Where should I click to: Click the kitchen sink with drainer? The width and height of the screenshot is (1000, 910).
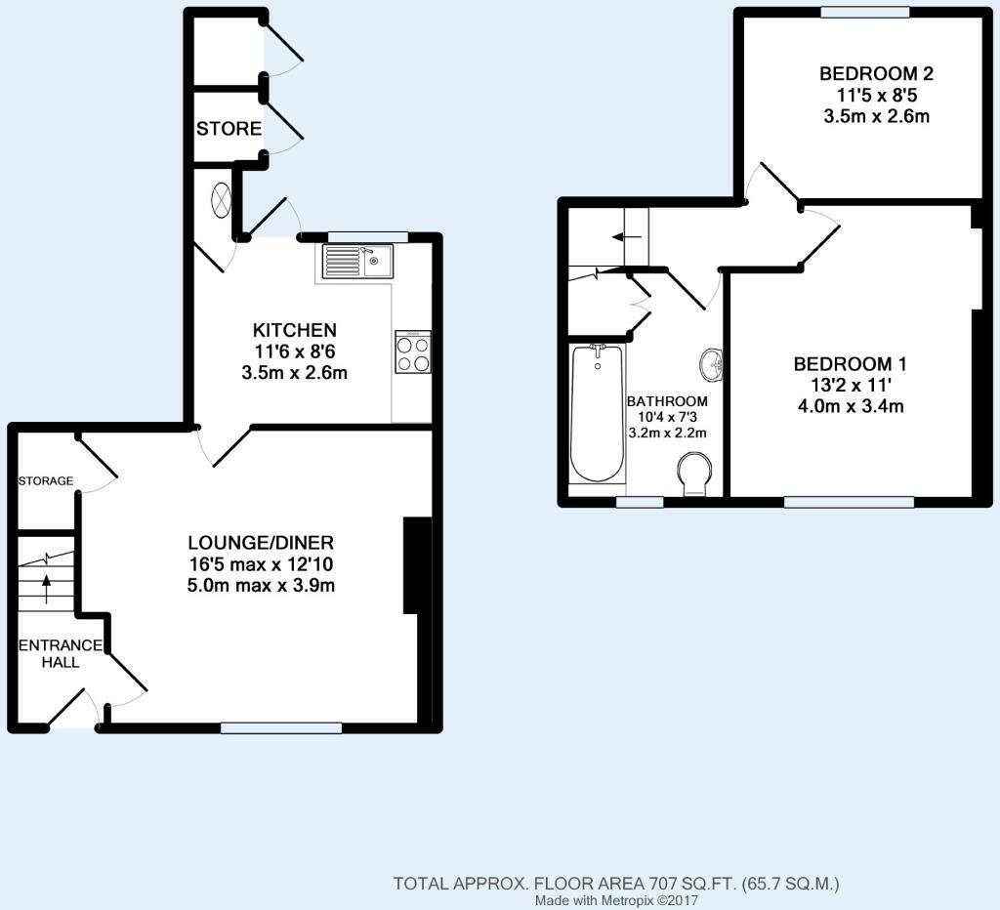(x=357, y=262)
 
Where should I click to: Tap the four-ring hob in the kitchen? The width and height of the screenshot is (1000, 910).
(x=413, y=352)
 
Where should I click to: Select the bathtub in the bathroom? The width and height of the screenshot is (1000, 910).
(x=597, y=413)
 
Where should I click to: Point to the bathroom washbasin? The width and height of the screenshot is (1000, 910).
(x=711, y=365)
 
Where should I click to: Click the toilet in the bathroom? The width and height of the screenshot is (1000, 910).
(x=695, y=474)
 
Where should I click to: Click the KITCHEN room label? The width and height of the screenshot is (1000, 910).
(x=295, y=330)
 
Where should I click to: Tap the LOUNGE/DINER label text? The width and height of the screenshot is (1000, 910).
(x=261, y=543)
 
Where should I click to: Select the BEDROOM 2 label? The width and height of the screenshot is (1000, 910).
(x=876, y=73)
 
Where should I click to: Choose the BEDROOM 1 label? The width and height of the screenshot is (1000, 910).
(x=851, y=364)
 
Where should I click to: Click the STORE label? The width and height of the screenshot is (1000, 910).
(x=229, y=129)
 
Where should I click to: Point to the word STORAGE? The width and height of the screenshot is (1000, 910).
(x=46, y=480)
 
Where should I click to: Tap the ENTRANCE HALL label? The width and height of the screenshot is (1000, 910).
(x=61, y=653)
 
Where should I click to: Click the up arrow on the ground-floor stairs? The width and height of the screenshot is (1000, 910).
(x=46, y=589)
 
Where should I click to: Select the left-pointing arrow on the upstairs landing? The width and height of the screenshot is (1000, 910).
(x=627, y=237)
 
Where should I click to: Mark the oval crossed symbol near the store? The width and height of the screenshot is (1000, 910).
(x=221, y=199)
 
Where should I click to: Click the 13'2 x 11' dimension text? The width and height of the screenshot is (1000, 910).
(x=851, y=385)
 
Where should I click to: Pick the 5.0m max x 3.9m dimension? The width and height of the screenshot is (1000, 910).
(x=261, y=585)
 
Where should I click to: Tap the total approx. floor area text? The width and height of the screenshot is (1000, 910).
(x=616, y=884)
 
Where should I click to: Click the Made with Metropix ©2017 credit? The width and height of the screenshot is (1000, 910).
(x=616, y=900)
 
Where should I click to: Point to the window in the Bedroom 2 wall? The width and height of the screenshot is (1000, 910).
(x=864, y=12)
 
